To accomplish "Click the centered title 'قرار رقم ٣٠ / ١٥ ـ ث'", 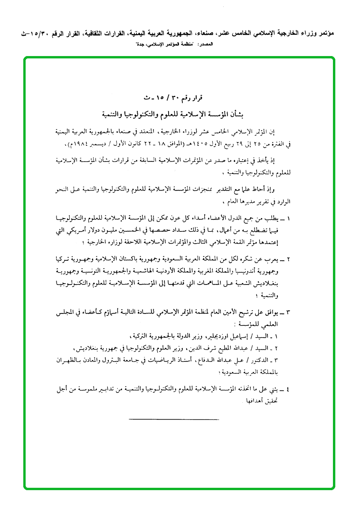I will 179,98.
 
